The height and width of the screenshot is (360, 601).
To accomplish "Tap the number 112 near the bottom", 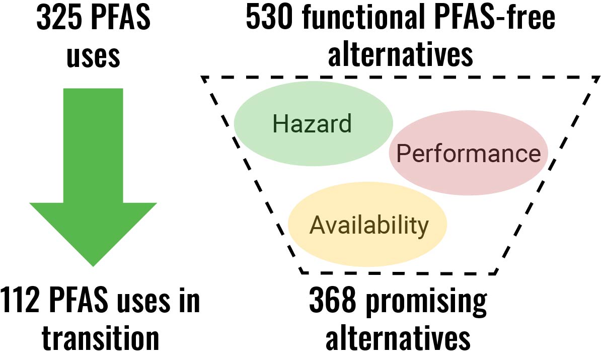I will (x=21, y=301).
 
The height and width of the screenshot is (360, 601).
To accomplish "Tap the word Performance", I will (x=469, y=154).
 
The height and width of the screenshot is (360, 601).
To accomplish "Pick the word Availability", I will (x=369, y=225).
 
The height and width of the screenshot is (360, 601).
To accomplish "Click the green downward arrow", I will (x=93, y=176).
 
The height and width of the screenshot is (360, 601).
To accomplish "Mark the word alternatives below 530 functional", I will (x=401, y=56).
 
